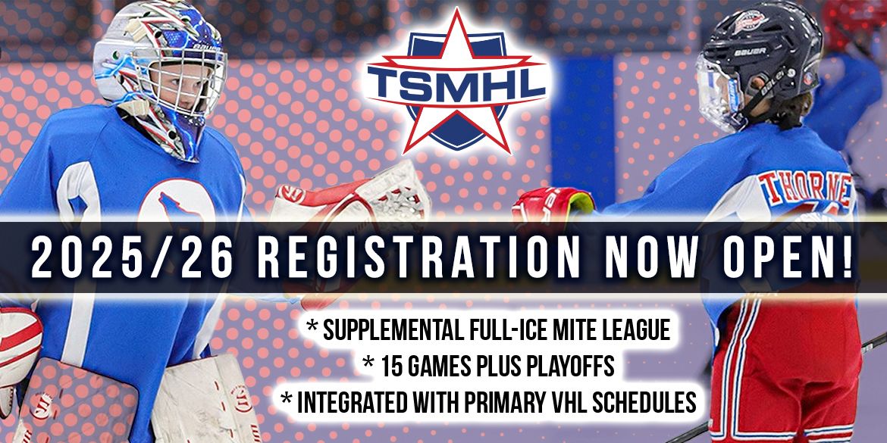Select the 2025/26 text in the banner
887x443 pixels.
pos(132,258)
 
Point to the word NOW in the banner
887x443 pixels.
pos(650,258)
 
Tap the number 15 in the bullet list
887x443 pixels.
pos(390,367)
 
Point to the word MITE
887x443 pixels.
pos(572,330)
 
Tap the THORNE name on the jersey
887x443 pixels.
pos(806,188)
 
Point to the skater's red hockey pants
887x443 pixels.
pos(786,367)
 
